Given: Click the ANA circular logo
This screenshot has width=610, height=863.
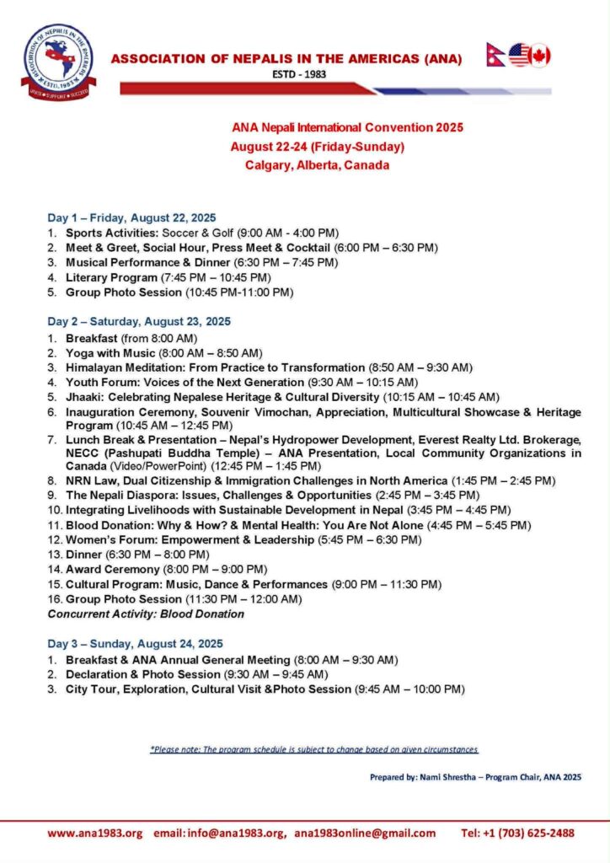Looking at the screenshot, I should [x=58, y=62].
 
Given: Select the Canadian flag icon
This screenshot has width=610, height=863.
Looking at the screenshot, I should [x=539, y=56].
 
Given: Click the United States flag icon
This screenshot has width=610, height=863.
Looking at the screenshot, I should [x=518, y=56].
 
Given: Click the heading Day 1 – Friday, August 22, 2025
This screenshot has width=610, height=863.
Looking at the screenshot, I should [x=131, y=217].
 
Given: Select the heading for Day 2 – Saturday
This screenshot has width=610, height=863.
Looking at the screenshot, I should [x=139, y=321].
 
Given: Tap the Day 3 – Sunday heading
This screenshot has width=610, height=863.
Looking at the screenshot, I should [x=135, y=644].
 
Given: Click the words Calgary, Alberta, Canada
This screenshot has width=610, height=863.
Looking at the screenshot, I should [x=317, y=165].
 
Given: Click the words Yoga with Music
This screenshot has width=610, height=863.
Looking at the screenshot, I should [x=110, y=352].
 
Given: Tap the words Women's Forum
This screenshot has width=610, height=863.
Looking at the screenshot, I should [x=105, y=539].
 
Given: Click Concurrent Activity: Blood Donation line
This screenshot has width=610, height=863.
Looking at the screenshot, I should [x=146, y=614].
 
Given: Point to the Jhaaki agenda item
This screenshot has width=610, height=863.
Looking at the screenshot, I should [x=84, y=397].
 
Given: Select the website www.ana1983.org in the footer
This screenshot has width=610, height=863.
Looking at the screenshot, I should [x=95, y=833].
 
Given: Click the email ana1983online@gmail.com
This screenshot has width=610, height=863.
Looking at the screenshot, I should [x=365, y=833].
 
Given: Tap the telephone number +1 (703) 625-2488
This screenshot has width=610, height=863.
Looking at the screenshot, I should [x=529, y=833].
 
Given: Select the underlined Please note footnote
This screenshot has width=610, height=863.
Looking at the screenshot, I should [x=314, y=749].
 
